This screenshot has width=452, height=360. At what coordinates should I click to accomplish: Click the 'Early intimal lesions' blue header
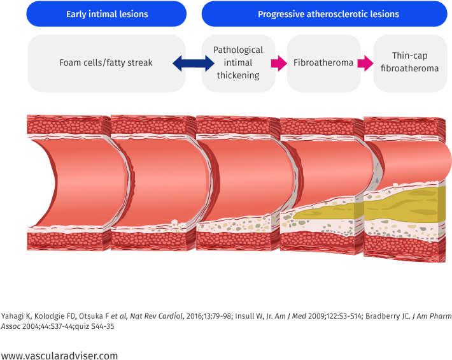(107, 14)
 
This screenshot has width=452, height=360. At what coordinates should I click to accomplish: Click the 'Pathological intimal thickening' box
(237, 63)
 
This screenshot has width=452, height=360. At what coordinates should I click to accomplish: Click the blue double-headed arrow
(194, 63)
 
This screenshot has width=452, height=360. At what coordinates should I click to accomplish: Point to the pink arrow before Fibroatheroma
(278, 63)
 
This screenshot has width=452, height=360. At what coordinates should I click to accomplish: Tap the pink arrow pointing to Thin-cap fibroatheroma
(365, 63)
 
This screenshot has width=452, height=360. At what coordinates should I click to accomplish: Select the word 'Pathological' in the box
(237, 50)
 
